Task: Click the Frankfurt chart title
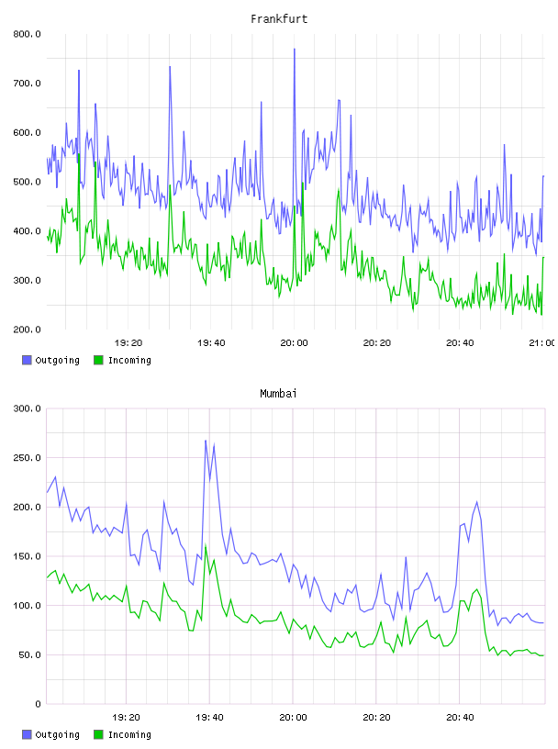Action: click(279, 19)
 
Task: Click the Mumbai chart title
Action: click(278, 394)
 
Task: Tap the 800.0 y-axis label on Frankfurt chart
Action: click(28, 34)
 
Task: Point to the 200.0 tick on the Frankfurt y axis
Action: click(28, 330)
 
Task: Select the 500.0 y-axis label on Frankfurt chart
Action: click(28, 182)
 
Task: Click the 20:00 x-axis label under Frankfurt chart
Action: click(294, 343)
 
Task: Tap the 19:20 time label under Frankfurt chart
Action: click(128, 343)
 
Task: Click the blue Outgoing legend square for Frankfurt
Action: click(27, 360)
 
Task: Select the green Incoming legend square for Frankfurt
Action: click(98, 360)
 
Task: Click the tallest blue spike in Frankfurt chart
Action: click(295, 49)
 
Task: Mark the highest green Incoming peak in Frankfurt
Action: click(79, 154)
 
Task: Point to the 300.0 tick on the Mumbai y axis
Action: click(28, 408)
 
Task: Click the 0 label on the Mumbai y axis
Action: click(38, 704)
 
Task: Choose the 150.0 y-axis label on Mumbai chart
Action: click(28, 556)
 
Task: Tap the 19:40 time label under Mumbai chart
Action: click(210, 718)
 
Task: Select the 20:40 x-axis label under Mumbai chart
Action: click(460, 718)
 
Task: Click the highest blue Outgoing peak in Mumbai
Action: click(206, 441)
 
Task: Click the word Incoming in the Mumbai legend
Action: click(129, 734)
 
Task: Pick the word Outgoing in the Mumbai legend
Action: click(57, 734)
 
